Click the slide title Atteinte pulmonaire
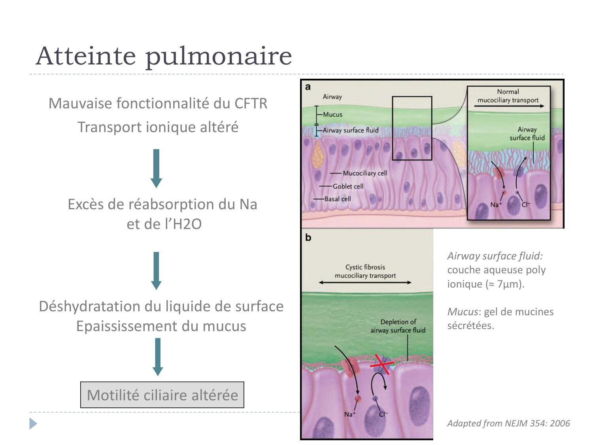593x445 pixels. point(164,56)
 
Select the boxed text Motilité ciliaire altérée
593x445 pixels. point(162,395)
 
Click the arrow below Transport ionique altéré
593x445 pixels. point(157,168)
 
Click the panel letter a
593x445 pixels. point(308,87)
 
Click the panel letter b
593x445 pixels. point(308,238)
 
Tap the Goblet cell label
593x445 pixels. point(348,186)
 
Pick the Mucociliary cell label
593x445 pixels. point(364,173)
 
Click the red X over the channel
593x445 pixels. point(381,362)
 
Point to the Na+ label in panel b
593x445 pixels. point(349,414)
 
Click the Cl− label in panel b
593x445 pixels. point(383,414)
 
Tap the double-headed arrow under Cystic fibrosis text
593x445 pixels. point(365,282)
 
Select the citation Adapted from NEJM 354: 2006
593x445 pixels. point(508,423)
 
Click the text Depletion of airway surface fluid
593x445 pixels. point(398,326)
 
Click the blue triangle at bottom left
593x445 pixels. point(33,424)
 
